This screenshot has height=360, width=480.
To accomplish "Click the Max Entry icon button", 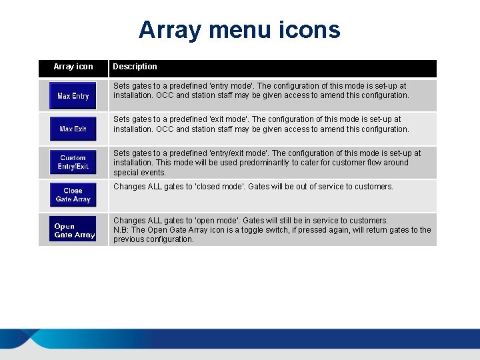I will tap(73, 96).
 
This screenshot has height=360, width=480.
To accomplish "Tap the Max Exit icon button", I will tap(73, 129).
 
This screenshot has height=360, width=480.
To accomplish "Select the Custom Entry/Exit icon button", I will tap(73, 162).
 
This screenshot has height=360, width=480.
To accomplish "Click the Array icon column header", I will tap(73, 67).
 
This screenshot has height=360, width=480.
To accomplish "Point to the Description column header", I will tap(135, 67).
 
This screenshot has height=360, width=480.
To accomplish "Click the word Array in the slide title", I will tap(170, 30).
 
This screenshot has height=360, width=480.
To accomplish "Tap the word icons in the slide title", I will tap(309, 30).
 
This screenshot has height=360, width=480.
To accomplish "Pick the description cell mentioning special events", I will tap(272, 163).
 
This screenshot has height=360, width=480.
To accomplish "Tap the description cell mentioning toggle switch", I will tap(272, 230).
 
